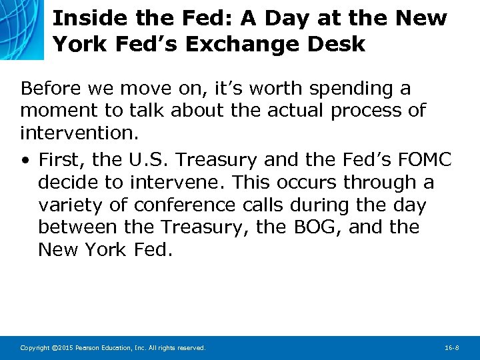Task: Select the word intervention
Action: point(79,133)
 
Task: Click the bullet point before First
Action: point(25,160)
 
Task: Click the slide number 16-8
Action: point(452,348)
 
